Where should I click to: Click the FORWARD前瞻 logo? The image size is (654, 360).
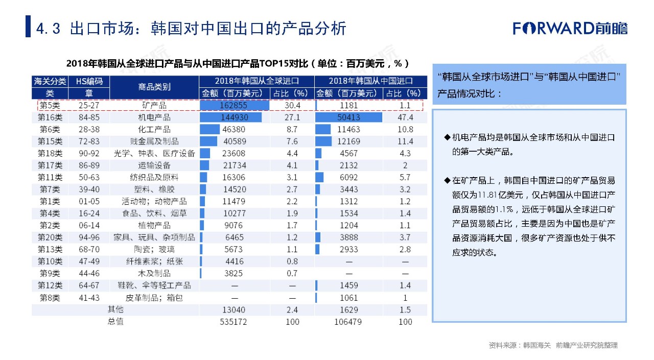click(570, 28)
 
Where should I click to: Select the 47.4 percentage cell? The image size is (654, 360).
click(405, 117)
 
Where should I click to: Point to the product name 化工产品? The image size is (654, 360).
click(154, 130)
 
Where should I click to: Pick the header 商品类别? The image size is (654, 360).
click(154, 87)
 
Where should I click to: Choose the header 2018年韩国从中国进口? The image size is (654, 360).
click(370, 81)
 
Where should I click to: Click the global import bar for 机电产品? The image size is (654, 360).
click(231, 117)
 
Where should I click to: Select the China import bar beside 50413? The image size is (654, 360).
click(349, 117)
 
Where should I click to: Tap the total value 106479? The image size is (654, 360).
click(349, 322)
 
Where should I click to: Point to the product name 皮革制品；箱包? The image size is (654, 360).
click(154, 298)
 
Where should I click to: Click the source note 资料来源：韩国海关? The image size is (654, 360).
click(519, 346)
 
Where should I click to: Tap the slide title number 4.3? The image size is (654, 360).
click(49, 29)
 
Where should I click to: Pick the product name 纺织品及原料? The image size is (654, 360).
click(154, 177)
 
